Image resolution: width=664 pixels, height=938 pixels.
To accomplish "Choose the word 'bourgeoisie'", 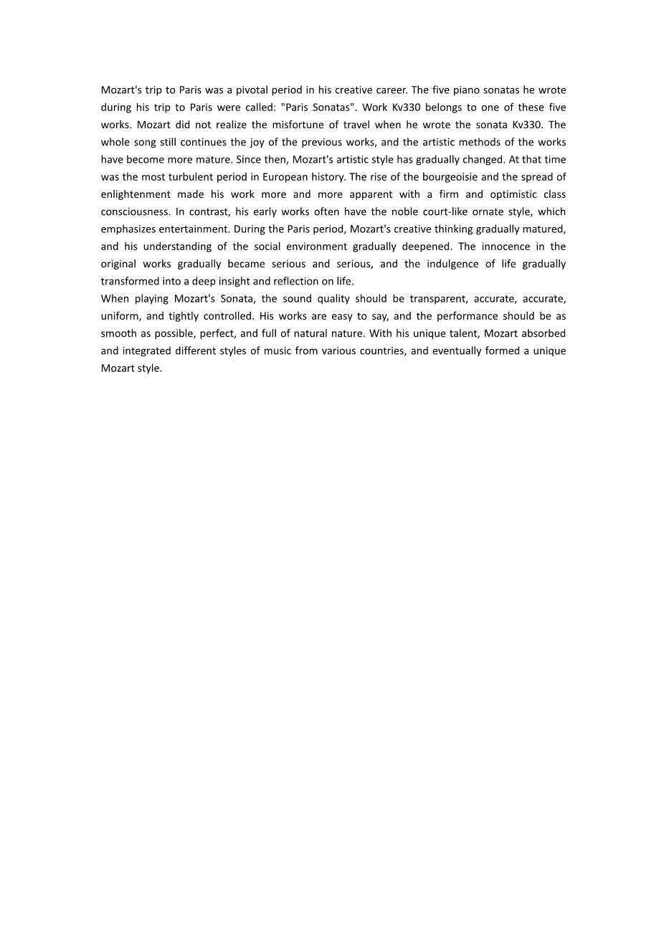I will point(448,177).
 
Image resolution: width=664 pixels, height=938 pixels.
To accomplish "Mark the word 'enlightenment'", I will point(136,194).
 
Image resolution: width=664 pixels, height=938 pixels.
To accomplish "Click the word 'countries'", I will point(384,351).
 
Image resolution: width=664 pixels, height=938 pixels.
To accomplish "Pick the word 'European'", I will point(290,177).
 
